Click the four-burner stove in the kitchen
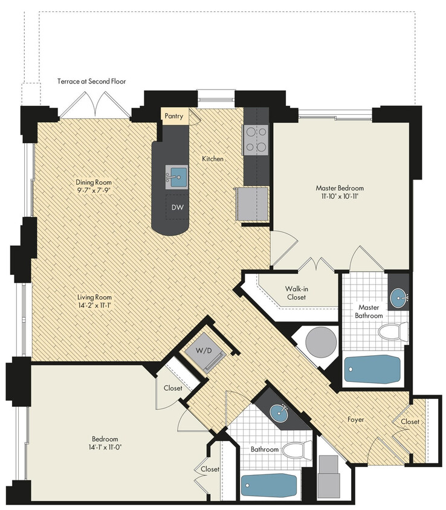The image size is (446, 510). [x=256, y=139]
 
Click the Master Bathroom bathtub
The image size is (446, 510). [x=372, y=369]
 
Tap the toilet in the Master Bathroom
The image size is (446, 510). [x=393, y=331]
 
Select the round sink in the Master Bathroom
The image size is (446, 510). [x=398, y=297]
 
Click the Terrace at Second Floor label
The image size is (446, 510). [x=91, y=81]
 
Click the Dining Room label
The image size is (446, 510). [x=94, y=182]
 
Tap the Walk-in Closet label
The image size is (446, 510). [x=296, y=292]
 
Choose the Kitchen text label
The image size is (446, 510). [x=213, y=159]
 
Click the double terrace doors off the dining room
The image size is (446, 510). [x=94, y=105]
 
